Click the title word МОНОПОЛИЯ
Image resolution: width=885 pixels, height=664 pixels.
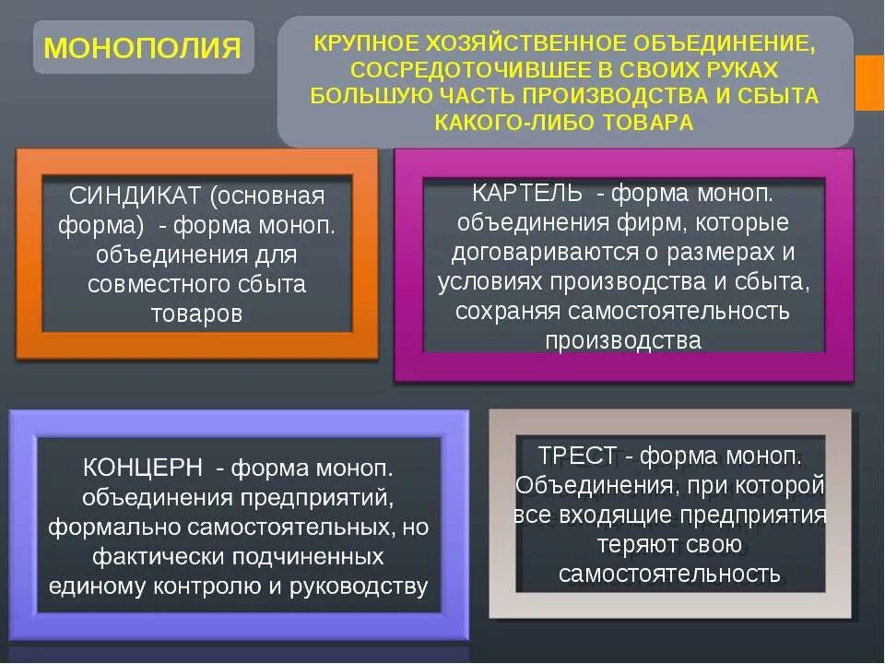(143, 47)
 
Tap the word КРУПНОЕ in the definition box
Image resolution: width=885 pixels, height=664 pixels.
(364, 42)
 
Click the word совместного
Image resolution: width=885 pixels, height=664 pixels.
(151, 284)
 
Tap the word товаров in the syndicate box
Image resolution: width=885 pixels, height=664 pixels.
(196, 314)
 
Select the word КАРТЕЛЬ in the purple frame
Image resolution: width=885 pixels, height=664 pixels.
(527, 193)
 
